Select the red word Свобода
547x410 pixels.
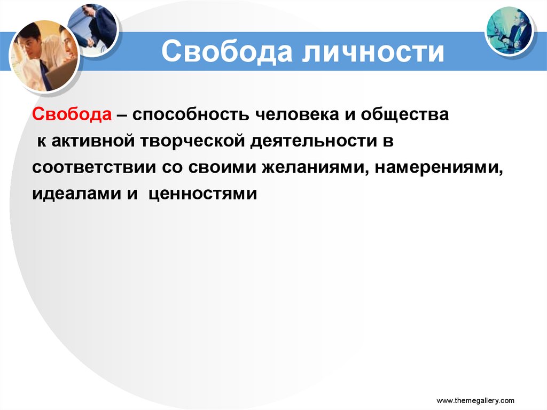coord(72,115)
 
